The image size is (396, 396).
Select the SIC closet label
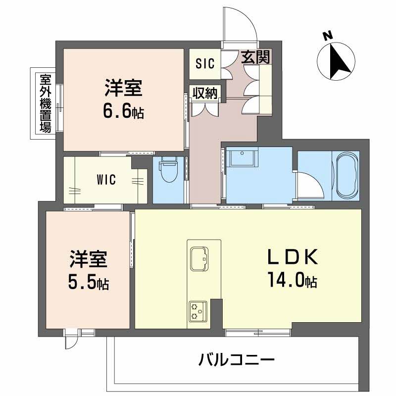(x=204, y=63)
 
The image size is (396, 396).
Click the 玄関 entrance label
(x=256, y=58)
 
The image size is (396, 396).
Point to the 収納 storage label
(x=204, y=93)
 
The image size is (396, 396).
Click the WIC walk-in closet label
(x=106, y=180)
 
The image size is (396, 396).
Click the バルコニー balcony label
(x=237, y=359)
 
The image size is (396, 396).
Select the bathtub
(x=346, y=173)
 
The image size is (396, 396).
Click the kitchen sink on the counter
(x=201, y=258)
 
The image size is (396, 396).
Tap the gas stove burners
(x=197, y=311)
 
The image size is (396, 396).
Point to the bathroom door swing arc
(x=309, y=184)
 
